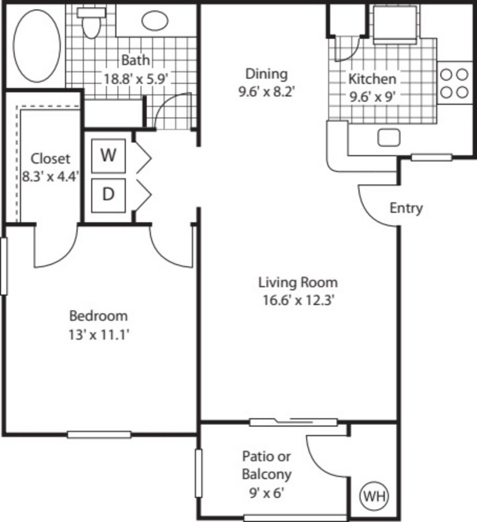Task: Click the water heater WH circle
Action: tap(374, 496)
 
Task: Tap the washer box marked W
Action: tap(109, 155)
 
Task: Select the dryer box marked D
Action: tap(109, 194)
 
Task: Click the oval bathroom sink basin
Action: tap(155, 20)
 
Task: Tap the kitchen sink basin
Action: tap(389, 137)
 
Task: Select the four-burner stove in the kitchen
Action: tap(454, 83)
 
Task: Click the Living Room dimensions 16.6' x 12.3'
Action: tap(298, 301)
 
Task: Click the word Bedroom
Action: tap(98, 316)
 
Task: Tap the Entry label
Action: tap(406, 208)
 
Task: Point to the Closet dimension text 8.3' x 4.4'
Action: tap(51, 176)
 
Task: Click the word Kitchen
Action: tap(371, 79)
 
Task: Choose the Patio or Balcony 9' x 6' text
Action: tap(266, 475)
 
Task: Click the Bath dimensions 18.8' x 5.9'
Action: tap(135, 79)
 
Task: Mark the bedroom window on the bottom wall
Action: tap(99, 434)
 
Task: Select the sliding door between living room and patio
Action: tap(293, 423)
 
